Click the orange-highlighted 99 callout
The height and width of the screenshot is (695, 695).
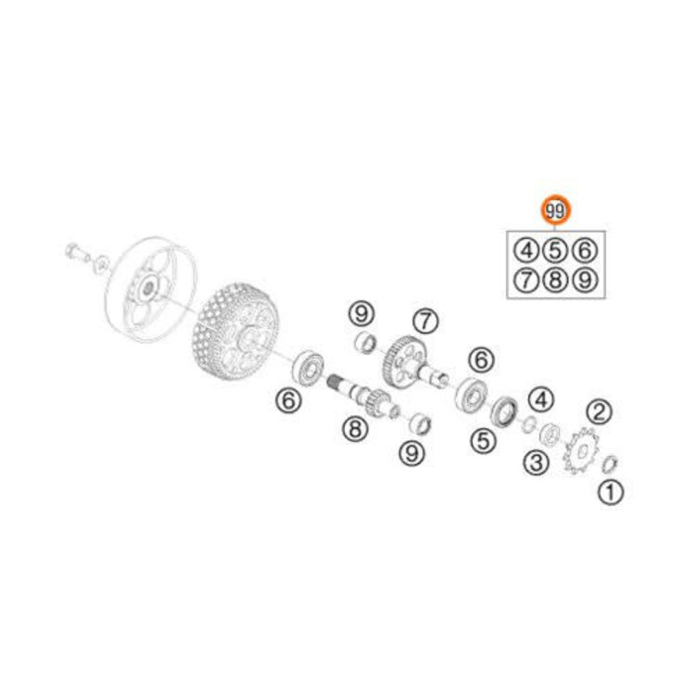click(555, 211)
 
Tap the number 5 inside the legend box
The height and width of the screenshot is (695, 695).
click(553, 249)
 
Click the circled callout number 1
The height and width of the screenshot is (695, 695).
click(609, 493)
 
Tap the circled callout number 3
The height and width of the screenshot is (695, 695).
click(535, 461)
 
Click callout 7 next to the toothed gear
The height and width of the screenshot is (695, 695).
click(423, 322)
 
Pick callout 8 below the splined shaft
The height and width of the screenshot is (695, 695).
click(353, 428)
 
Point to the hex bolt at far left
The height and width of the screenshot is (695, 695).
click(74, 251)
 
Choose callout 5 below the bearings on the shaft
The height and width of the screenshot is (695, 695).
click(481, 442)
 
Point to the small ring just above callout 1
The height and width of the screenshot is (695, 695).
click(612, 463)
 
